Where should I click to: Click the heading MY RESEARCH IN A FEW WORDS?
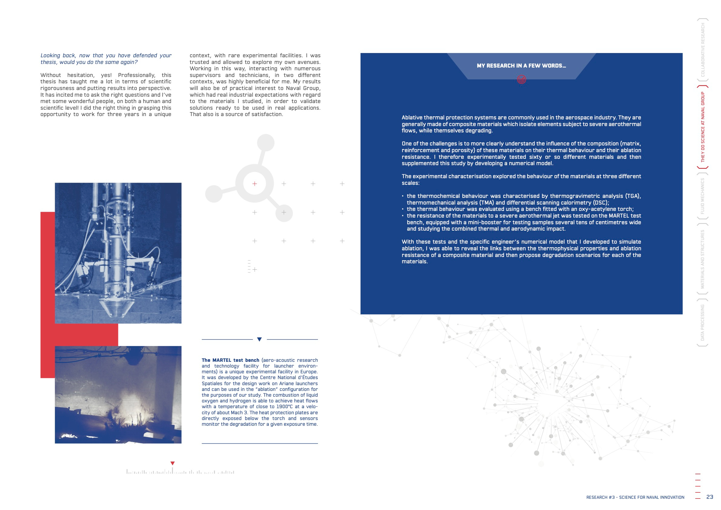coord(521,66)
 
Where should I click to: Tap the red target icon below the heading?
coord(521,79)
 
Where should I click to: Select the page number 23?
coord(709,497)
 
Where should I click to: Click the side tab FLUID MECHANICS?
coord(703,196)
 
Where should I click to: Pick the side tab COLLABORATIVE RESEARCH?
coord(703,50)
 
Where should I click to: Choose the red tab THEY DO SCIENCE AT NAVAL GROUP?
coord(703,127)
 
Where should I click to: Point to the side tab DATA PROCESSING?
coord(703,322)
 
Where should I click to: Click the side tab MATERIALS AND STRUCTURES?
coord(703,259)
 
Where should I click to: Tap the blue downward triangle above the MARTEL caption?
coord(260,339)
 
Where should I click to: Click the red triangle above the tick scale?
coord(172,463)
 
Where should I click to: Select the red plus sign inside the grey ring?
coord(255,184)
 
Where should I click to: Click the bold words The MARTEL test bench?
coord(230,360)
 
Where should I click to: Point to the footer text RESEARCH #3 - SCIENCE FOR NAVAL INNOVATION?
coord(635,497)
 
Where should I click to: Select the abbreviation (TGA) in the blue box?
coord(633,196)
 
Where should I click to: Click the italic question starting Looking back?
coord(106,59)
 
